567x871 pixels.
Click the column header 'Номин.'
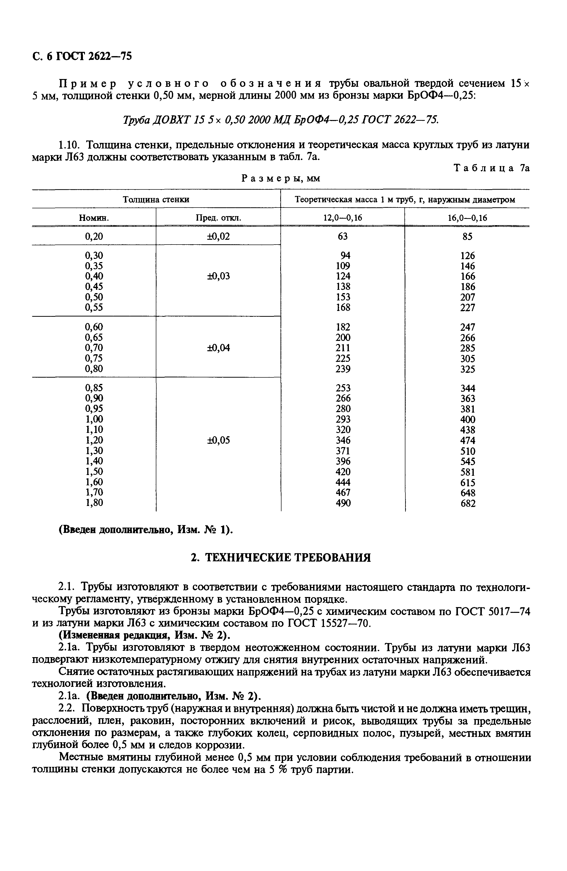click(x=94, y=218)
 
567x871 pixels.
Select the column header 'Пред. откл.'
click(x=218, y=218)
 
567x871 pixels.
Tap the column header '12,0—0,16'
click(x=343, y=218)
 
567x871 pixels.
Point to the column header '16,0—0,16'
click(x=467, y=218)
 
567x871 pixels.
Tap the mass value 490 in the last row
click(x=343, y=503)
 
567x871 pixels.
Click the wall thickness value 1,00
click(x=94, y=419)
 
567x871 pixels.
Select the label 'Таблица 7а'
click(x=491, y=168)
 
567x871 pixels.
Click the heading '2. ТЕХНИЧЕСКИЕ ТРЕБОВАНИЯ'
click(x=281, y=558)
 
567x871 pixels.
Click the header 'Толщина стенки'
click(x=156, y=200)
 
